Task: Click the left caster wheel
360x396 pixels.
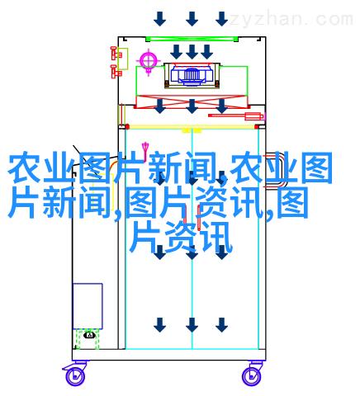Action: pyautogui.click(x=75, y=375)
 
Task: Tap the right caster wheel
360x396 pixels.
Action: pyautogui.click(x=252, y=375)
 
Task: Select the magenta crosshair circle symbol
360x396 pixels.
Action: pyautogui.click(x=149, y=61)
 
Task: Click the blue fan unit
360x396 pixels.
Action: pyautogui.click(x=192, y=73)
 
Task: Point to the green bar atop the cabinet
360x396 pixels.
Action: pyautogui.click(x=192, y=39)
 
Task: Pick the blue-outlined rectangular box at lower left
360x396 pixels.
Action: pyautogui.click(x=88, y=306)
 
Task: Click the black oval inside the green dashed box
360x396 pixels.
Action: pyautogui.click(x=89, y=335)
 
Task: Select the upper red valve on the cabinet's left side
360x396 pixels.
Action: pyautogui.click(x=116, y=54)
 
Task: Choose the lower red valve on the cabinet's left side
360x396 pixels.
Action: pyautogui.click(x=116, y=72)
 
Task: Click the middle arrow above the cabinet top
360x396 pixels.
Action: pyautogui.click(x=192, y=19)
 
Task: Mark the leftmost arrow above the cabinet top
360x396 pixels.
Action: pyautogui.click(x=159, y=19)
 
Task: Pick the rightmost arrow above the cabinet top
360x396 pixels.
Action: pyautogui.click(x=221, y=19)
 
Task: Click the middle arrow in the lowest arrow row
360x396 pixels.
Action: pyautogui.click(x=192, y=325)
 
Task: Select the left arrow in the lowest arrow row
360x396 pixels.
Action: pyautogui.click(x=159, y=325)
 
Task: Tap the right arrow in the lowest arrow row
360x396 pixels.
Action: pyautogui.click(x=221, y=325)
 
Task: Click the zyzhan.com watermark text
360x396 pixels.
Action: pyautogui.click(x=291, y=20)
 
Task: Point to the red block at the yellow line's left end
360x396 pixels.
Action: pyautogui.click(x=126, y=127)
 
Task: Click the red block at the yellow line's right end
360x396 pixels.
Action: pyautogui.click(x=258, y=127)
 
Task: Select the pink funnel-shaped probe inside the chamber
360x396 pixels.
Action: pyautogui.click(x=145, y=148)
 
